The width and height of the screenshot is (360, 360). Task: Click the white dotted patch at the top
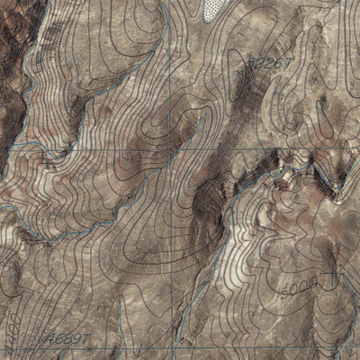(x=213, y=9)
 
